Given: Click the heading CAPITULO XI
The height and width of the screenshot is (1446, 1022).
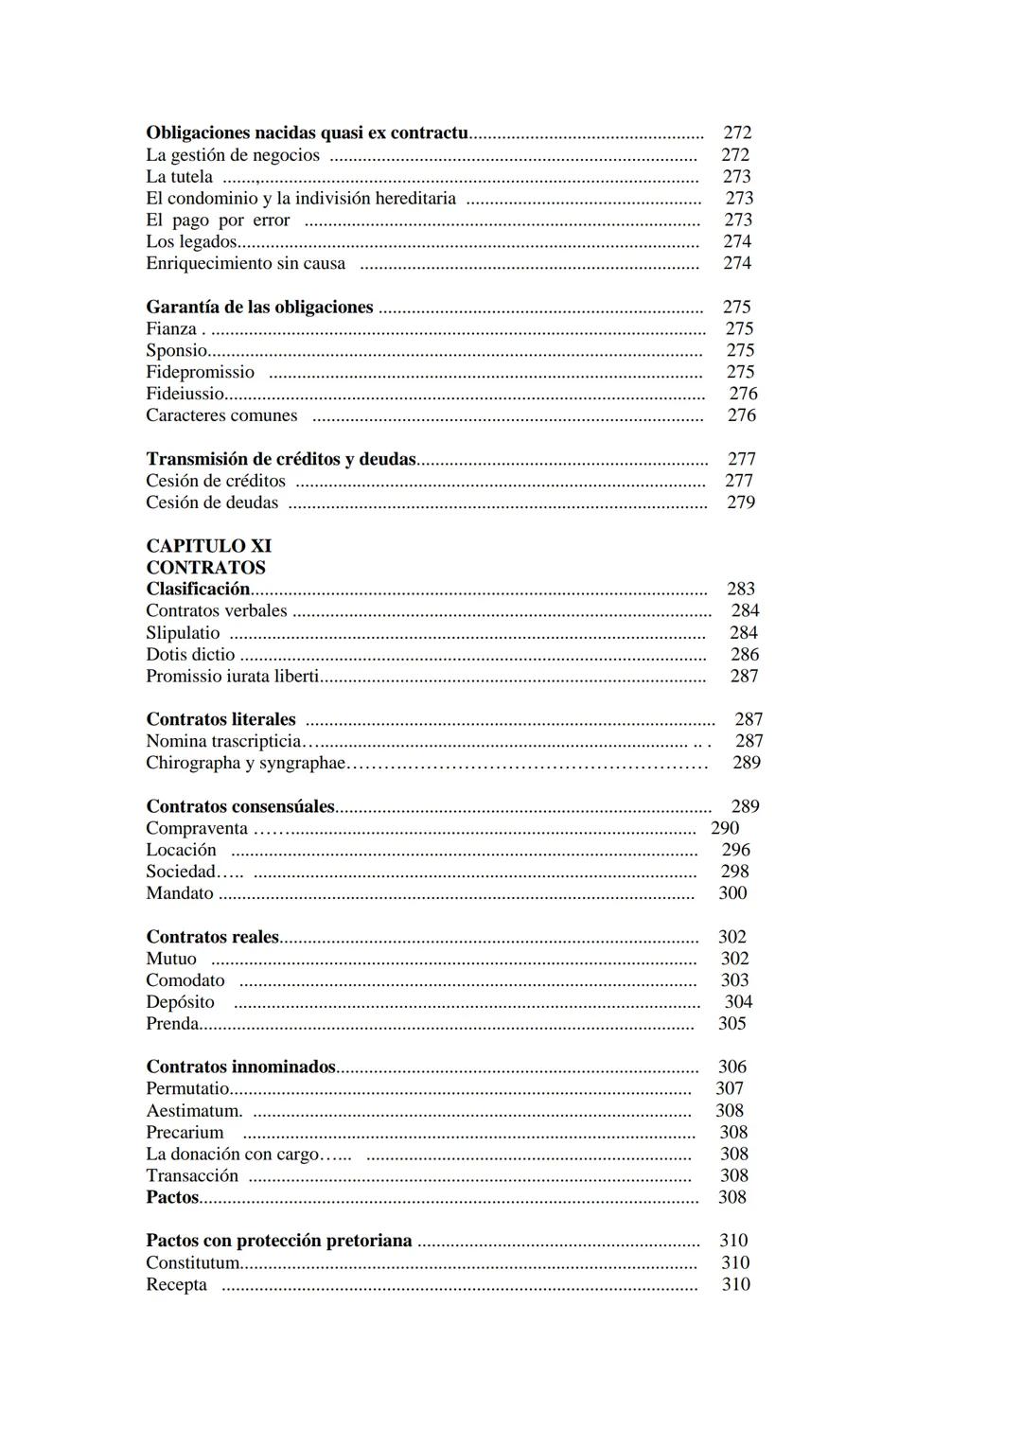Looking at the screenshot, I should [x=208, y=546].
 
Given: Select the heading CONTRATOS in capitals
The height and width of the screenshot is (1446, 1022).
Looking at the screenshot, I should [x=205, y=568].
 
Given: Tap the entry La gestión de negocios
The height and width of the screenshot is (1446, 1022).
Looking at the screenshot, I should [x=233, y=155].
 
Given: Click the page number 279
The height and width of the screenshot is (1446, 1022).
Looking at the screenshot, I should [x=740, y=503].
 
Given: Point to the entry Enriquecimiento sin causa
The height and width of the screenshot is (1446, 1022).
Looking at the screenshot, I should [x=245, y=264].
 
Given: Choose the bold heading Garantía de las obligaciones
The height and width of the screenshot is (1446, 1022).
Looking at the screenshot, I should [x=259, y=308].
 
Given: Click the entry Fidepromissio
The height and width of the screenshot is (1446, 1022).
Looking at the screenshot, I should [x=200, y=372].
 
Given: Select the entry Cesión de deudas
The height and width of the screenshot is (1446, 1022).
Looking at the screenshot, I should [x=212, y=503].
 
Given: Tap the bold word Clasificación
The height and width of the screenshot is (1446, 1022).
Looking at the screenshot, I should [x=198, y=590].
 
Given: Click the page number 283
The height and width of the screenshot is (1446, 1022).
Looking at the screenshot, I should [x=740, y=590].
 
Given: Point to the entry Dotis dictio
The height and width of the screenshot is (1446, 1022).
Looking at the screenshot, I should [x=190, y=655].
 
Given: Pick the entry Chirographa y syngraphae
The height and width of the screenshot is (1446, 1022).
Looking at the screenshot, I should [x=246, y=763].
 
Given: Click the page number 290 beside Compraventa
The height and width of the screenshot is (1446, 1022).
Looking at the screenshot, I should [x=725, y=828].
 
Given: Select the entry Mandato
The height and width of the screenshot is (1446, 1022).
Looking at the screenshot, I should [x=180, y=893].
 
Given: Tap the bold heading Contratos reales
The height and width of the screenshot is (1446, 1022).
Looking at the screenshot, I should [x=212, y=937].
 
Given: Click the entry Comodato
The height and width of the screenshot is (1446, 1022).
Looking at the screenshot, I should [x=185, y=980].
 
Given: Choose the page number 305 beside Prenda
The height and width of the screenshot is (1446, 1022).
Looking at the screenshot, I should [x=731, y=1024].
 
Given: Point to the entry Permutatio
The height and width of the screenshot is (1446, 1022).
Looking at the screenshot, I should [x=187, y=1089].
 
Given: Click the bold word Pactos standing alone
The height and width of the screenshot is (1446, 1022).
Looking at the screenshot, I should [x=172, y=1197].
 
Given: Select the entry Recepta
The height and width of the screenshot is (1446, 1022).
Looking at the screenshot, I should [x=176, y=1285].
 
